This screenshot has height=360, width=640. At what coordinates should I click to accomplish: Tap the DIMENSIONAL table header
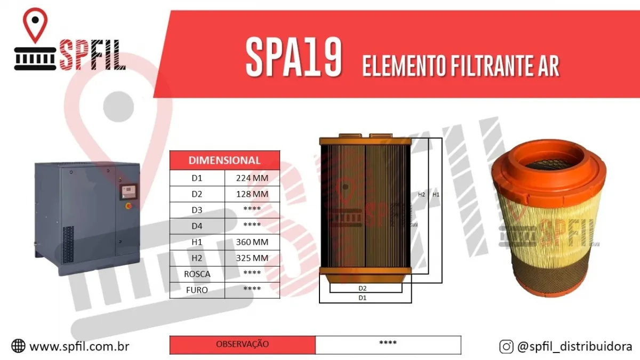225,160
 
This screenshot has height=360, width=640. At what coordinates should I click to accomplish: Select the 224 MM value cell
252,178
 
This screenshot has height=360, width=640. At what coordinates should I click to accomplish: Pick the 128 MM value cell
252,194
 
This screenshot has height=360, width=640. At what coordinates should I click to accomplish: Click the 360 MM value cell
252,242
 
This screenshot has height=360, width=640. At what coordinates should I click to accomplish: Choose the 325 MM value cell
252,258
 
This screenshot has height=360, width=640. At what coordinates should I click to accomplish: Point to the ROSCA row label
197,274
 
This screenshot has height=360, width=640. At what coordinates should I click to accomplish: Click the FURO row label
197,290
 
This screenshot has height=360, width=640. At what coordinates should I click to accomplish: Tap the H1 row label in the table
197,242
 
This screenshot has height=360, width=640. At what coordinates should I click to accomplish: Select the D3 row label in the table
197,210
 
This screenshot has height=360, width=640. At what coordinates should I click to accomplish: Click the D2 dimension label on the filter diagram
362,288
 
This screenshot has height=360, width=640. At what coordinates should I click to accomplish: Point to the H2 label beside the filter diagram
421,195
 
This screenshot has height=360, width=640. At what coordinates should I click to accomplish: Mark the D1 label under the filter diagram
362,298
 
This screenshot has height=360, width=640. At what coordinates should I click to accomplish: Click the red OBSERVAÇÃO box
243,345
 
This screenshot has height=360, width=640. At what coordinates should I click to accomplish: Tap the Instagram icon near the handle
506,347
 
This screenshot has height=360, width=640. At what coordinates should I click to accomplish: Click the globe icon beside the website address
18,347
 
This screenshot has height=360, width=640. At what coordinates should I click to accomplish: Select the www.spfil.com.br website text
79,347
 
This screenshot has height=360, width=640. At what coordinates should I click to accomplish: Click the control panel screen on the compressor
129,190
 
